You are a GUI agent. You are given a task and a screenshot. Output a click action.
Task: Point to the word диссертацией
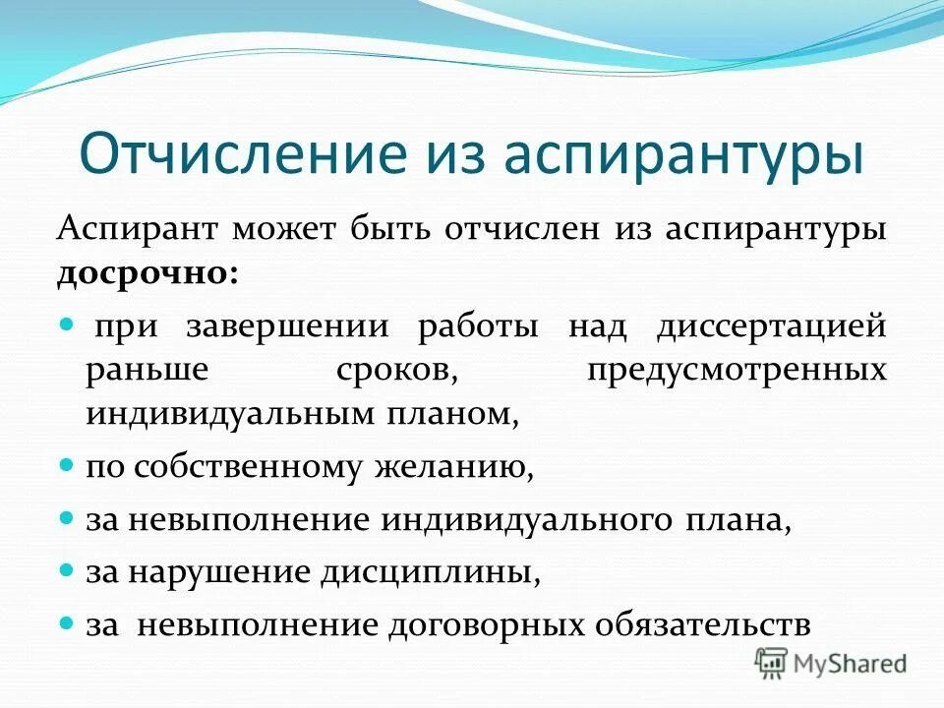771,326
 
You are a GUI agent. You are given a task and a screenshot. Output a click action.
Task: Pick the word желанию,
453,468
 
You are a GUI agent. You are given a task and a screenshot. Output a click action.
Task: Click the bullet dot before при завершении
68,324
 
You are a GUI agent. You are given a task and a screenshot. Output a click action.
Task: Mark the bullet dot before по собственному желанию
68,462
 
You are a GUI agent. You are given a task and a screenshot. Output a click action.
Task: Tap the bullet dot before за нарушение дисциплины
68,567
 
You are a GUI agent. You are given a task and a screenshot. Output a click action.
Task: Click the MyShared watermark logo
830,662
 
